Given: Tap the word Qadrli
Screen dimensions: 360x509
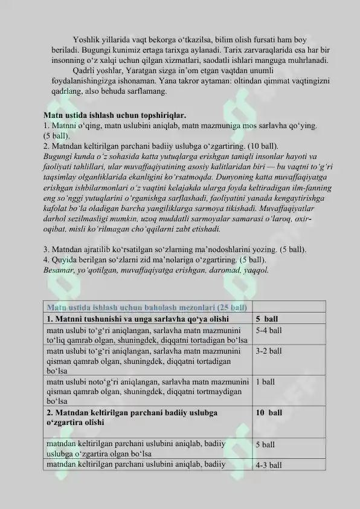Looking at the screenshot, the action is [84, 70].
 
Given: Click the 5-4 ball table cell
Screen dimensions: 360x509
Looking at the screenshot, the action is [269, 331].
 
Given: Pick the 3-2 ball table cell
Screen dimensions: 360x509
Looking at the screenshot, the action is [269, 351].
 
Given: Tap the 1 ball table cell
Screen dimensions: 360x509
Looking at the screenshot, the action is [265, 381].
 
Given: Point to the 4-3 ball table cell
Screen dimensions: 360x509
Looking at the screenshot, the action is [269, 465].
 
